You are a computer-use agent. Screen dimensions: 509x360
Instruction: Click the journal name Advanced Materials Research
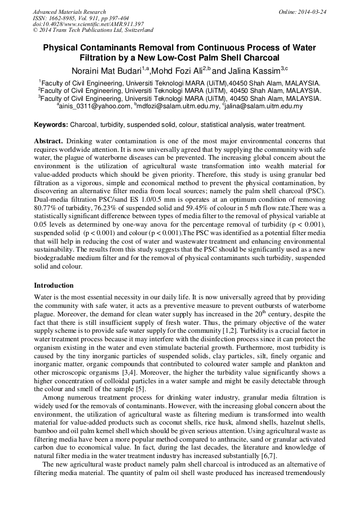click(x=69, y=12)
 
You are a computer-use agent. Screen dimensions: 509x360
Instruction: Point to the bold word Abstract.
click(x=48, y=142)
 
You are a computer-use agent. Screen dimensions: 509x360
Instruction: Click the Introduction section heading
click(x=54, y=286)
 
